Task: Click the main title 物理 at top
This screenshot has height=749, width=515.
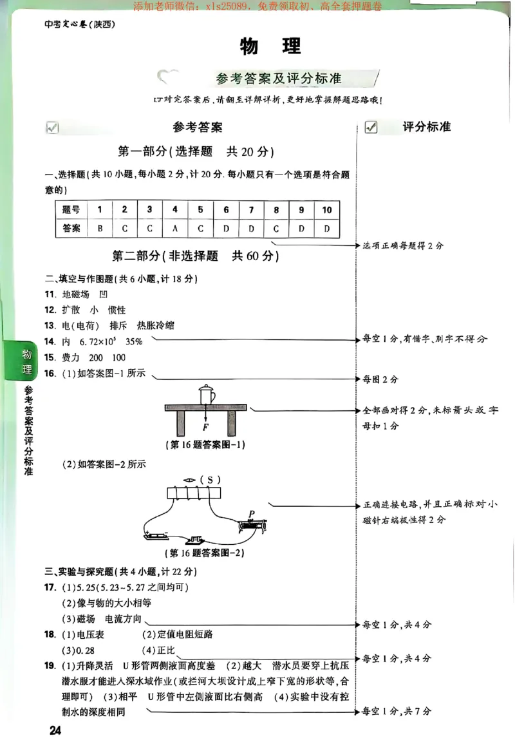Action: point(270,47)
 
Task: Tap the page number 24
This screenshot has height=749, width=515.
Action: point(55,730)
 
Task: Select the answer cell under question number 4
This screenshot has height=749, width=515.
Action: point(174,228)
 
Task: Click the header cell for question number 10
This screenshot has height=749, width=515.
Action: point(326,210)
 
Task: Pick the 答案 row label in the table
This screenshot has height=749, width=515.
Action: point(71,228)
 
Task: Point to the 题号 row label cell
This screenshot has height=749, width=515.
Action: point(71,210)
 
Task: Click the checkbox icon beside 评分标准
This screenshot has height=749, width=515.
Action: point(371,128)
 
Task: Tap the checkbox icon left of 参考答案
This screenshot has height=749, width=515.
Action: point(52,128)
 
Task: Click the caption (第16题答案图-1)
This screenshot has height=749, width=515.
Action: point(205,445)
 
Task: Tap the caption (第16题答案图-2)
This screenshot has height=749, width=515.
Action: point(205,553)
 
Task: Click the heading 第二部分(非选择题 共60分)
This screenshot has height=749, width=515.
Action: point(196,256)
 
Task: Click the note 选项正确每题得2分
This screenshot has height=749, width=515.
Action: point(403,245)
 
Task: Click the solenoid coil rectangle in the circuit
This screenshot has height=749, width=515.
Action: point(193,495)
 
